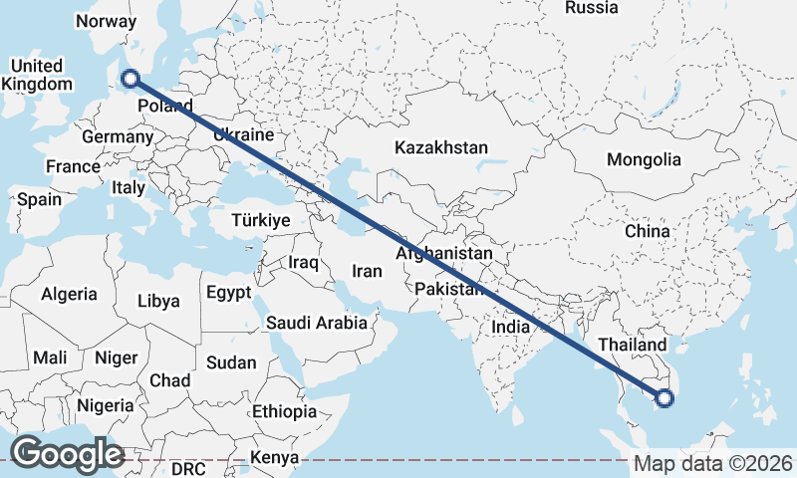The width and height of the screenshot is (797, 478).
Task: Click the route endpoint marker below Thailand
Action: [664, 399]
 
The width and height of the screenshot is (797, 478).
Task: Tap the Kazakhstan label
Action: [440, 147]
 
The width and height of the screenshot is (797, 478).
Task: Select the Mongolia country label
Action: [644, 159]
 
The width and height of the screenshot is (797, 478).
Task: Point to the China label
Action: [647, 231]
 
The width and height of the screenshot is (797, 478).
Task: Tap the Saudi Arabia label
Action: [316, 323]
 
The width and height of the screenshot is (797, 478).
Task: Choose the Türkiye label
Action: [260, 220]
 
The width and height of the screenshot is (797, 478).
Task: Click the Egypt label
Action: [228, 293]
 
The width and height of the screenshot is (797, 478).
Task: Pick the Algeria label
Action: [69, 294]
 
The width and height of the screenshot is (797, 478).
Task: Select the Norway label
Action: [105, 21]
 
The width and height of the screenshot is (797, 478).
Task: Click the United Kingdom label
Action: [37, 75]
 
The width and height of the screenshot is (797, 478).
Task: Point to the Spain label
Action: [39, 199]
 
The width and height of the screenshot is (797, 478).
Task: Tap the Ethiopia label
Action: [284, 410]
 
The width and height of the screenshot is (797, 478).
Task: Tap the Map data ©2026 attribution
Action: [713, 463]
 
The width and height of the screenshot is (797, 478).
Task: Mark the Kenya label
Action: [274, 458]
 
